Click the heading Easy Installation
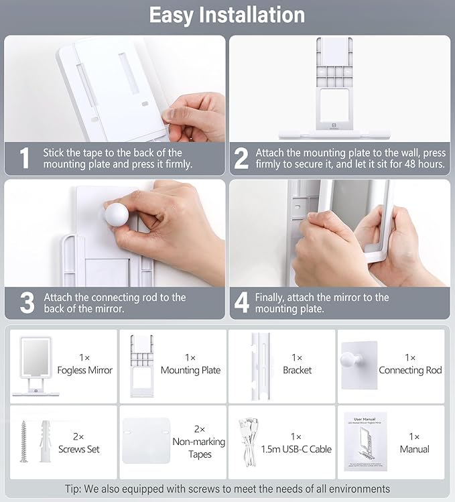[x=227, y=15]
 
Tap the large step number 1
[x=25, y=158]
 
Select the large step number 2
[x=241, y=158]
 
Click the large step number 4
[x=241, y=302]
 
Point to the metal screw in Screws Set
[x=24, y=440]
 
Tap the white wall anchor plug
[x=46, y=440]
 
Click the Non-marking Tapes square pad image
[x=145, y=440]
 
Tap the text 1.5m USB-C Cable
[x=297, y=449]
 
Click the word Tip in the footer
[x=74, y=489]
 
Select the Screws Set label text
[x=79, y=449]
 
